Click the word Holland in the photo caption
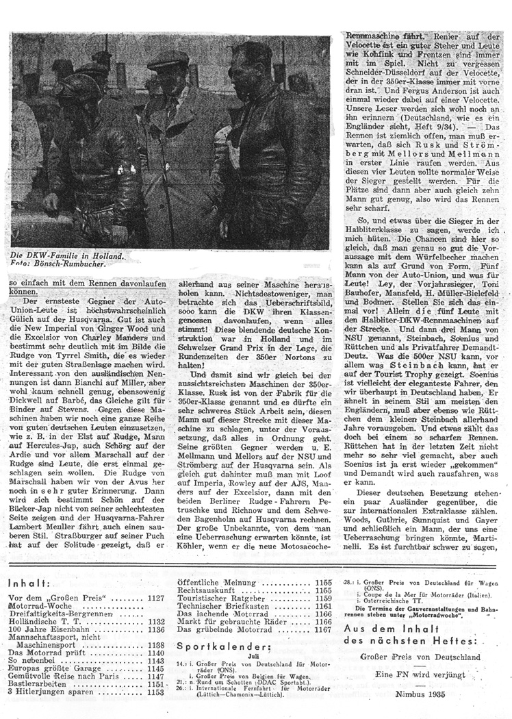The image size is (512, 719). [105, 254]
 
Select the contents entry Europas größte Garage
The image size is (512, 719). [58, 666]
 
